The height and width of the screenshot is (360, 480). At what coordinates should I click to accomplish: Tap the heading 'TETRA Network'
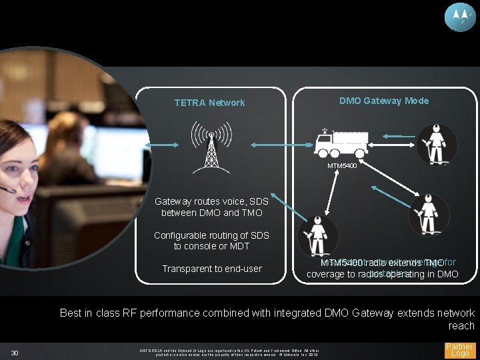pos(209,103)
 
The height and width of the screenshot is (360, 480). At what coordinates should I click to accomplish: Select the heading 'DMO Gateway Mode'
pos(384,101)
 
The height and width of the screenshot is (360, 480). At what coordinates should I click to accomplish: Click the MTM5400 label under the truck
pos(341,166)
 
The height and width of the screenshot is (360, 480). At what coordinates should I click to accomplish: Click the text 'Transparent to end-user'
pos(212,269)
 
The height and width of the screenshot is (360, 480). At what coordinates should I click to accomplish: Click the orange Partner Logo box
pos(459,351)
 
